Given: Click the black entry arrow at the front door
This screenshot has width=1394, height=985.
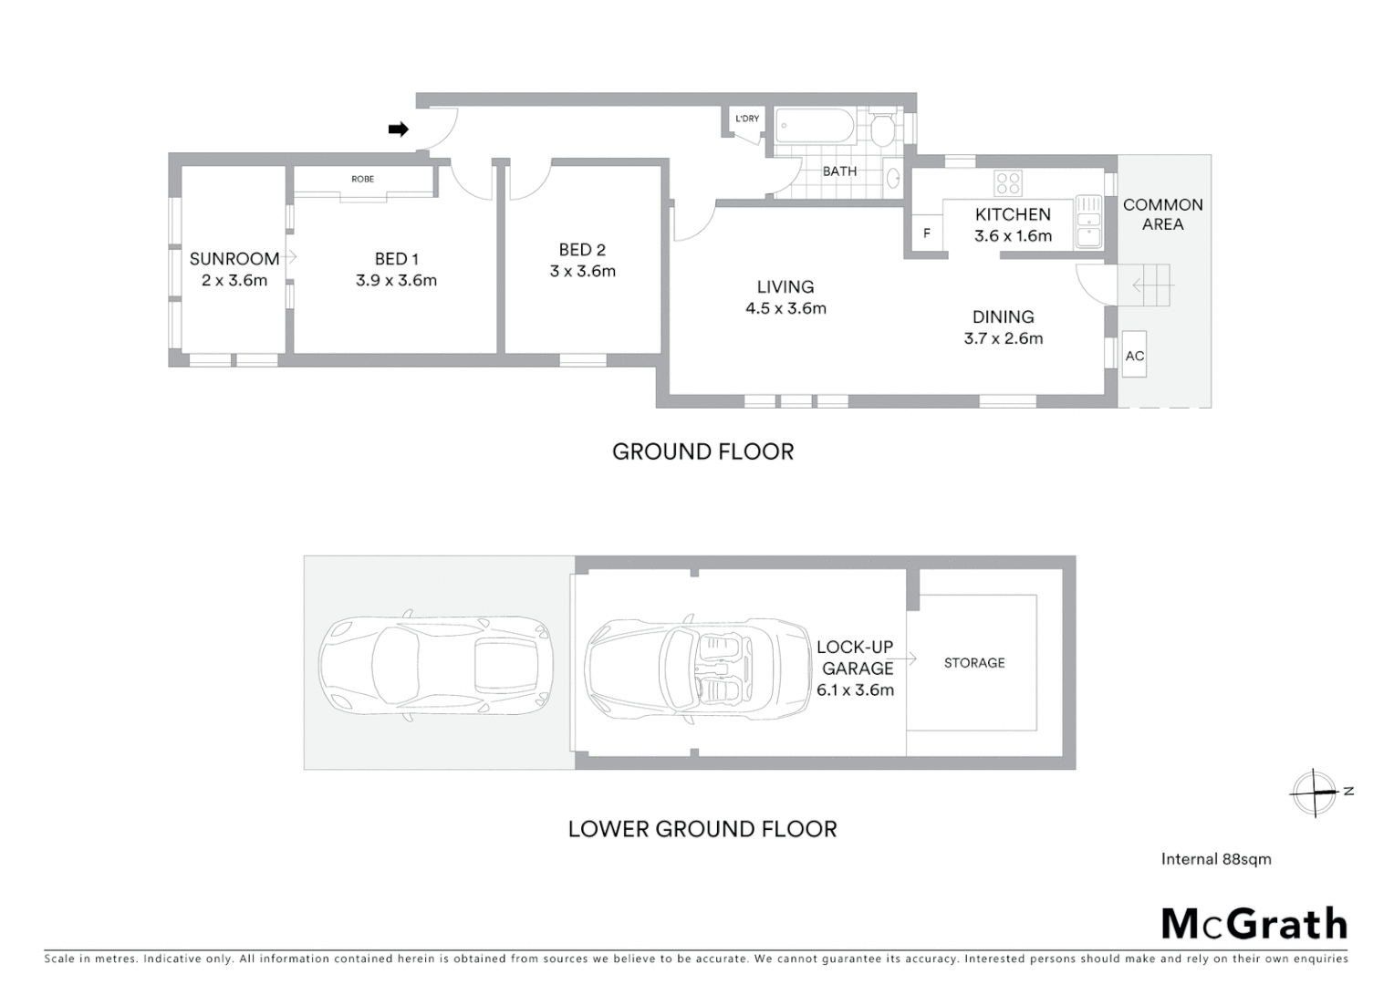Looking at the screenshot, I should coord(398,130).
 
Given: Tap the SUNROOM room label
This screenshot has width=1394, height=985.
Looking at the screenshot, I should coord(234,259).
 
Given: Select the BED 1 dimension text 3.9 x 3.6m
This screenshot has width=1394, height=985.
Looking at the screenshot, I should coord(396,281).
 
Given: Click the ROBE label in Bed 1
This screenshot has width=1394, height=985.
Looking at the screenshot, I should coord(362,179).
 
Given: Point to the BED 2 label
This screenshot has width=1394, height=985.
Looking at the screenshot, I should coord(582,250).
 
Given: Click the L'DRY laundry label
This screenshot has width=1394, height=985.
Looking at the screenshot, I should coord(747,119).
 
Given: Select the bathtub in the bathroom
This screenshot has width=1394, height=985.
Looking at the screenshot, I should coord(816,127).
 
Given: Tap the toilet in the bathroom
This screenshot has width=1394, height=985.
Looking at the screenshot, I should coord(882,130).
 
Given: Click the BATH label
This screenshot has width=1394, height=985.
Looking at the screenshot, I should coord(839,171).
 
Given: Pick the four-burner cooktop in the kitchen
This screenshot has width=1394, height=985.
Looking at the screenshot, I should coord(1008,183).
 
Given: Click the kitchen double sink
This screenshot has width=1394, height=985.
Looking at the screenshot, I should coord(1088,222).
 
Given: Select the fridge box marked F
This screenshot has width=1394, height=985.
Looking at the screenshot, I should coord(927,233).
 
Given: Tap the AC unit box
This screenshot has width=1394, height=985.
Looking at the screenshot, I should coord(1134,356).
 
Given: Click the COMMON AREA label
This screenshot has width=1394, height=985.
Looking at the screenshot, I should coord(1162,214).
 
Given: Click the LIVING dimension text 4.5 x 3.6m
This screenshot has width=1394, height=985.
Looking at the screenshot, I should coord(785,308).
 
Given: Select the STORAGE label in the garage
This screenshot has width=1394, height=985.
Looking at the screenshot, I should coord(973,663).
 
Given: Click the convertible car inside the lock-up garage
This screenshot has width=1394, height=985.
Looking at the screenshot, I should coord(698,669).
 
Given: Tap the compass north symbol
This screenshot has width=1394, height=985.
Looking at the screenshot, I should coord(1315,792).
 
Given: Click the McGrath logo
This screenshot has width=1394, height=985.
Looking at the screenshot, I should coord(1254,924).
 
